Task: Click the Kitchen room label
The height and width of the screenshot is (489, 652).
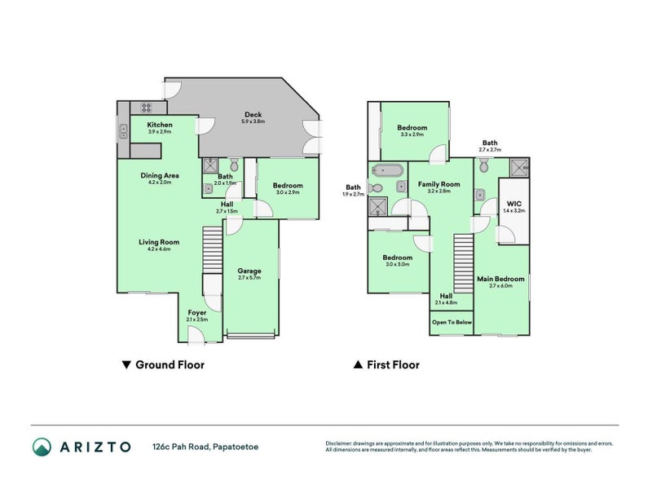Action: coord(159,125)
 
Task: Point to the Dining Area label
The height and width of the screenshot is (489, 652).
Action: coord(159,175)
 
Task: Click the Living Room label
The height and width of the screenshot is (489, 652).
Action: coord(158,242)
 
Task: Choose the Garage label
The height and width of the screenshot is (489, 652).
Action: coord(249,271)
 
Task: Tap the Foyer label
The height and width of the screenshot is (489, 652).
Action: coord(197,312)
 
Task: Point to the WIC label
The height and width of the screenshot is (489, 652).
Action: coord(514,203)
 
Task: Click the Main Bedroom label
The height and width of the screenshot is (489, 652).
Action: coord(500,279)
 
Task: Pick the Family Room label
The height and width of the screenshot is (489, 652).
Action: coord(438,184)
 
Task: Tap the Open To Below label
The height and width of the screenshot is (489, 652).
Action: coord(452,322)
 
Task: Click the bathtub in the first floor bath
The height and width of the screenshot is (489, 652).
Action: coord(386,170)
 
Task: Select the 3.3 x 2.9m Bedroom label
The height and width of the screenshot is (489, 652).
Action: coord(412,128)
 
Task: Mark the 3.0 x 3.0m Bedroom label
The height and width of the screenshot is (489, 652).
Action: coord(397,258)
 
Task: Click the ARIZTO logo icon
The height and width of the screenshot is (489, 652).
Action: coord(42,447)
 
